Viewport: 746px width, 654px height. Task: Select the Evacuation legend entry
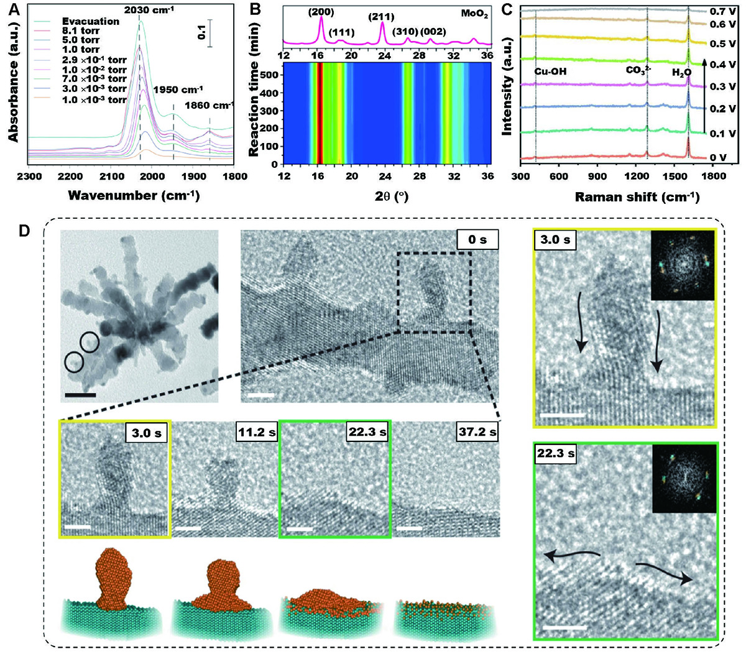click(90, 21)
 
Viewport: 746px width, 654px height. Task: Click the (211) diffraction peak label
click(381, 17)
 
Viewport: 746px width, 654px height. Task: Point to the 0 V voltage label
click(717, 157)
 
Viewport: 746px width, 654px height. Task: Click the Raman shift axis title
click(637, 197)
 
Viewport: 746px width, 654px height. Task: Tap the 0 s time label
click(477, 239)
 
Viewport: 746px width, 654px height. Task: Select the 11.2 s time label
click(256, 431)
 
